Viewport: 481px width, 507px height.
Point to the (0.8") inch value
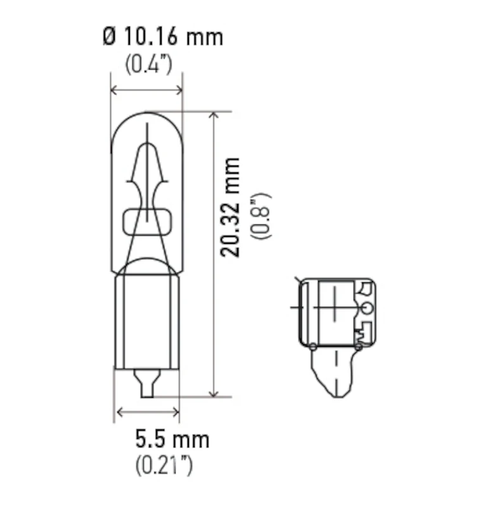coord(261,215)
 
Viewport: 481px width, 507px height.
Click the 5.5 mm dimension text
coord(172,438)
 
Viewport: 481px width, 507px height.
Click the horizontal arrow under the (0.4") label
coord(146,91)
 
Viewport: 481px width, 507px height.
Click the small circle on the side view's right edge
coord(366,308)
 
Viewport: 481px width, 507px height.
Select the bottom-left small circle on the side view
coord(313,346)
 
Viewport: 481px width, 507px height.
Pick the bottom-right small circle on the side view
coord(359,346)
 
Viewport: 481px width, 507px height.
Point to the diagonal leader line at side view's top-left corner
coord(298,281)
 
